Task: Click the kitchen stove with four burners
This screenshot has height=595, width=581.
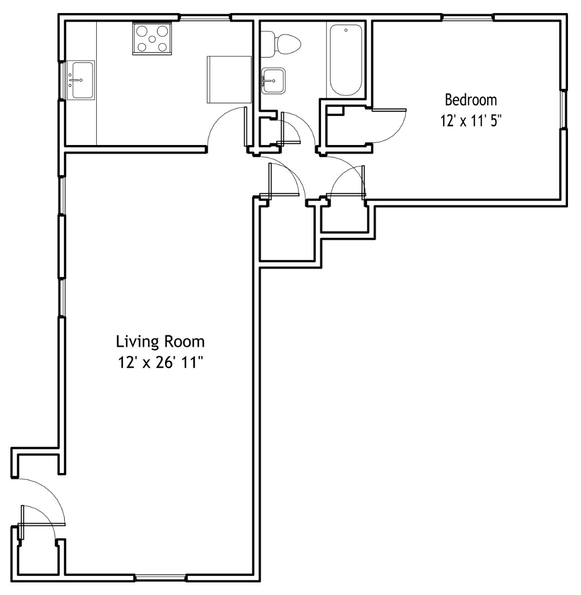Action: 152,38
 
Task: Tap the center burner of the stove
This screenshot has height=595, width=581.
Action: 152,39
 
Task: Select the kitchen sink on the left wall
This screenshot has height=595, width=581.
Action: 80,80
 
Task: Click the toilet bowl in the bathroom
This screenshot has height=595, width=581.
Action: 288,44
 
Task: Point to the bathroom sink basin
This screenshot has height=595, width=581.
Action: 273,80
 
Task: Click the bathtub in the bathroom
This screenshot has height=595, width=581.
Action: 346,60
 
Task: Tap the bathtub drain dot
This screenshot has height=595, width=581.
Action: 346,30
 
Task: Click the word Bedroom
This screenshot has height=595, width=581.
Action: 471,100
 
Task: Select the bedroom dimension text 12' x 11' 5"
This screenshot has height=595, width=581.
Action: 471,121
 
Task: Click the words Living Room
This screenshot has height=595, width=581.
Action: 160,342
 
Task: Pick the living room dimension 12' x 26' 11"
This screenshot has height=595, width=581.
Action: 159,363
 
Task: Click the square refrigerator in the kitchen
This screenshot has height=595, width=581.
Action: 229,79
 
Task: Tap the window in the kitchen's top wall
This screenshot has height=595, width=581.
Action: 205,17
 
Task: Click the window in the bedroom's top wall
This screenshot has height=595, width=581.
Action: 468,17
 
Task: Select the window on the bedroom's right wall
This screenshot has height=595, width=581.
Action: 563,110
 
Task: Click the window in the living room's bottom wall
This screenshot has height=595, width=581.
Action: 161,577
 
